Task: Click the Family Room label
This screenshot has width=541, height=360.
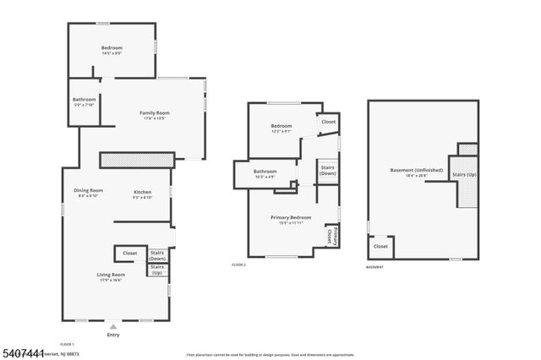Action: pos(155,115)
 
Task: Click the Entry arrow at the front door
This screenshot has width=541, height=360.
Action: pos(113,325)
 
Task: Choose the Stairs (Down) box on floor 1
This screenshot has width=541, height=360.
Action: pos(157,255)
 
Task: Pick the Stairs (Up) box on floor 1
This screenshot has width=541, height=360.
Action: pos(157,270)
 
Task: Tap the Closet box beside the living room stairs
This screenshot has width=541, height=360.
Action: pos(130,254)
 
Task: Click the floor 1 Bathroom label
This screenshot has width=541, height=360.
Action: pos(84,101)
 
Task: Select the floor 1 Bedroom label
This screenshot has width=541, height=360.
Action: pos(112,50)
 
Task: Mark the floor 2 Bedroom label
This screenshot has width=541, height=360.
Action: pos(281,128)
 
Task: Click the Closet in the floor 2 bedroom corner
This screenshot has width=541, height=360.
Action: pos(328,123)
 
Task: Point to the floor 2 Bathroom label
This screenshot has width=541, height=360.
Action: pos(265,174)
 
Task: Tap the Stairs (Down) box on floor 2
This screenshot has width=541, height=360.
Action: pos(328,171)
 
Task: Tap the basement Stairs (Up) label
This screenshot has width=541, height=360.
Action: pos(465,176)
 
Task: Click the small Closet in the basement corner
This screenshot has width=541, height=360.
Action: pos(380,247)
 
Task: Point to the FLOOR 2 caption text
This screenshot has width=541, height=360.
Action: pos(238,265)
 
